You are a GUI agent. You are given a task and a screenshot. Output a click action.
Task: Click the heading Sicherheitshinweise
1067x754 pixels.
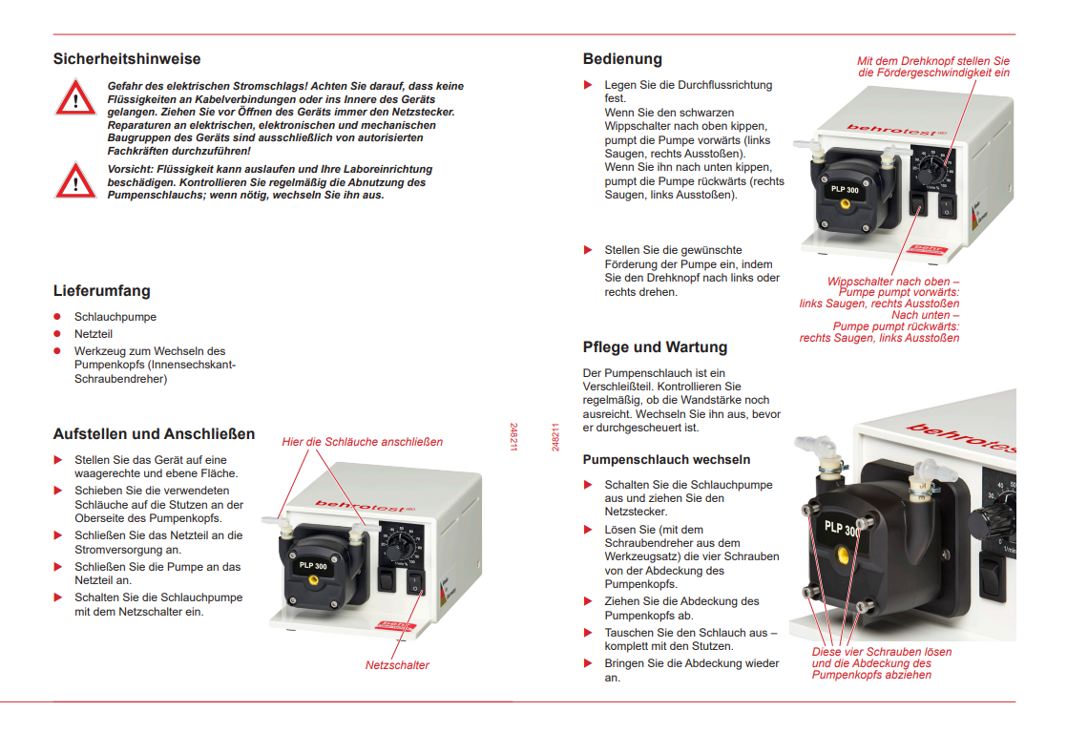click(127, 59)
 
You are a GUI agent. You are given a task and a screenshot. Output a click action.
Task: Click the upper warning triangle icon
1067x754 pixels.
click(74, 97)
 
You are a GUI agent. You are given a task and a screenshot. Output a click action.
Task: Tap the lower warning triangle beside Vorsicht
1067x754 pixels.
click(74, 179)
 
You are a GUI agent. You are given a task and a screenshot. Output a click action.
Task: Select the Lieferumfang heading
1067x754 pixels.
click(101, 290)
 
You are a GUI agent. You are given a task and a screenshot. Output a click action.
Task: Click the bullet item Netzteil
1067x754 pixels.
click(94, 334)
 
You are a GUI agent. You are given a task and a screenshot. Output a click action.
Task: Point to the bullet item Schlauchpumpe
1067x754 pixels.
click(115, 317)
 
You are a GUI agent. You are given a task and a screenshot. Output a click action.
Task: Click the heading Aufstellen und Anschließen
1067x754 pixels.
click(154, 434)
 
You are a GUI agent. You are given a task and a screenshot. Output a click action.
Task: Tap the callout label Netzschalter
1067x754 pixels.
click(397, 665)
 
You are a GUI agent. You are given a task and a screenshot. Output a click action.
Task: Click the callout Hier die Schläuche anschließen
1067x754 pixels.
click(362, 442)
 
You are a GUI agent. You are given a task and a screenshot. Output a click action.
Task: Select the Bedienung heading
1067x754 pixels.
click(622, 59)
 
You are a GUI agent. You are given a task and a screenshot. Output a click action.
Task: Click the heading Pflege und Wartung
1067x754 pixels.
click(655, 347)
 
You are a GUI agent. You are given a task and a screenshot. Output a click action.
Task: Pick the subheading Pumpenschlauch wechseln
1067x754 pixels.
click(666, 460)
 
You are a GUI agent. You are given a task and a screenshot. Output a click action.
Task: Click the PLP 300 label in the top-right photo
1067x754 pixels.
click(843, 188)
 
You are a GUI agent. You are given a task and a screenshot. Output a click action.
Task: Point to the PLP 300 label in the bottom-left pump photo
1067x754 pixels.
click(313, 565)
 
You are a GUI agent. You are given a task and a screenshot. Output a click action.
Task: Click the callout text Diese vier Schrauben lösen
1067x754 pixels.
click(881, 653)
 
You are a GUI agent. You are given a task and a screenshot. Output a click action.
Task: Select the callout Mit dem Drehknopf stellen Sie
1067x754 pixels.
click(932, 60)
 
